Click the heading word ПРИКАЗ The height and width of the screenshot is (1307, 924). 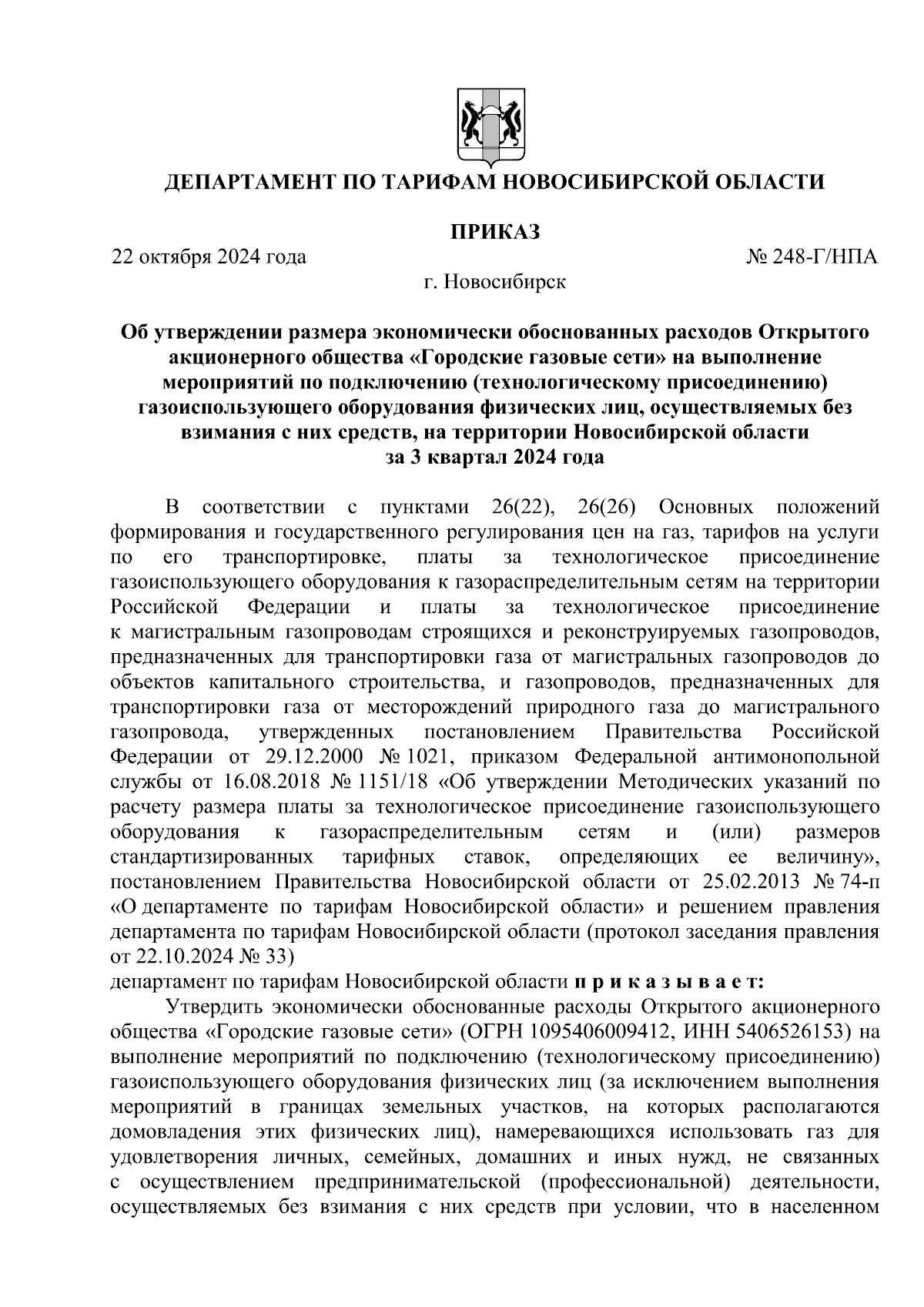click(494, 231)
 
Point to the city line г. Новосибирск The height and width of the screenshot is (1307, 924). click(494, 282)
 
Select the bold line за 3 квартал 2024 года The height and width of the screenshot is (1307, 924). click(494, 457)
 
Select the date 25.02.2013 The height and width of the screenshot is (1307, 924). click(751, 880)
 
